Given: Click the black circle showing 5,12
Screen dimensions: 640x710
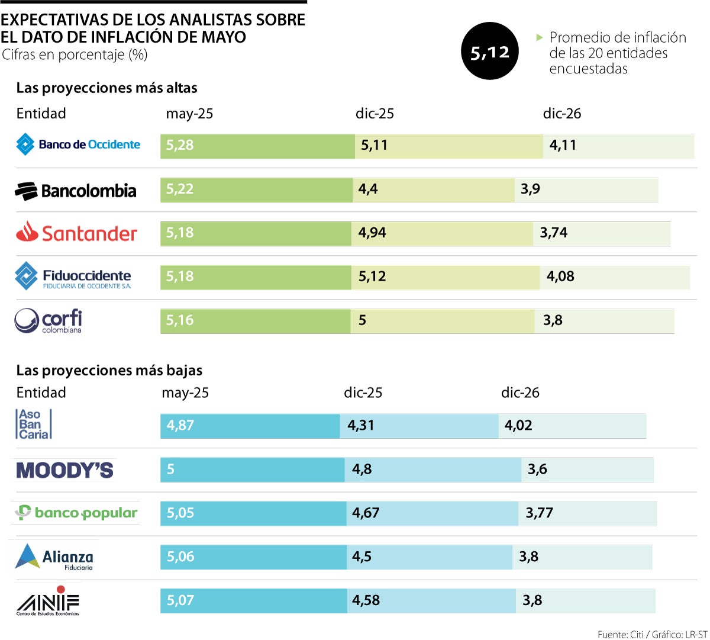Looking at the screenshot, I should tap(489, 52).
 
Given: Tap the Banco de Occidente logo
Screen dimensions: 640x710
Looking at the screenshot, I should tap(78, 144).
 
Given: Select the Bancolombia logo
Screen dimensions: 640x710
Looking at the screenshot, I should tap(76, 191).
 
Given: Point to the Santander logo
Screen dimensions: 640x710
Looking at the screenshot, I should tap(76, 233).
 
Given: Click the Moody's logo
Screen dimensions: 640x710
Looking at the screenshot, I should tap(64, 470).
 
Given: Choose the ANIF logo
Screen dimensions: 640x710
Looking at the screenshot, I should tap(48, 601).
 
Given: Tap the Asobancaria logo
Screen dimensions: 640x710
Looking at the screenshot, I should tap(34, 424).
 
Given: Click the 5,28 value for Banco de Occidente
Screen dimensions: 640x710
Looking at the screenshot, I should tap(180, 145).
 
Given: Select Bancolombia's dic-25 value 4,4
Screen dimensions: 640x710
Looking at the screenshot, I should tap(368, 189).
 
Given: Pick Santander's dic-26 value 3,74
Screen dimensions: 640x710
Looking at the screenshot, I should tap(553, 233).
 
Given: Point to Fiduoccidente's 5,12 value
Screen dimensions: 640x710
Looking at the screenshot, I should tap(372, 276).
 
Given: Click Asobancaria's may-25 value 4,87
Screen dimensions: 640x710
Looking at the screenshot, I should tap(180, 425).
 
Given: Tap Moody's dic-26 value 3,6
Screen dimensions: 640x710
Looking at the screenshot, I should tap(537, 469).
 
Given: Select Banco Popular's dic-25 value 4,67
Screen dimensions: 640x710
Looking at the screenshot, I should tap(366, 513).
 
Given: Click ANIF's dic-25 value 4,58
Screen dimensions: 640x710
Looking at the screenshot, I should tap(366, 600).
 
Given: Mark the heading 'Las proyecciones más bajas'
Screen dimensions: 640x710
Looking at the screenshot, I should tap(109, 371).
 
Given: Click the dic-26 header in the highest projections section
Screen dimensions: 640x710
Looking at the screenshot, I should tap(562, 114).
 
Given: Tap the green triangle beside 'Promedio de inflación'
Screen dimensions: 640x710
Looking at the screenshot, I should tap(539, 37).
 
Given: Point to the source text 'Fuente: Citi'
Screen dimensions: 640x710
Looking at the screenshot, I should tap(620, 634).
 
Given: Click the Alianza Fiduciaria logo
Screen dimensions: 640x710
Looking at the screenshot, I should tap(54, 557).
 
